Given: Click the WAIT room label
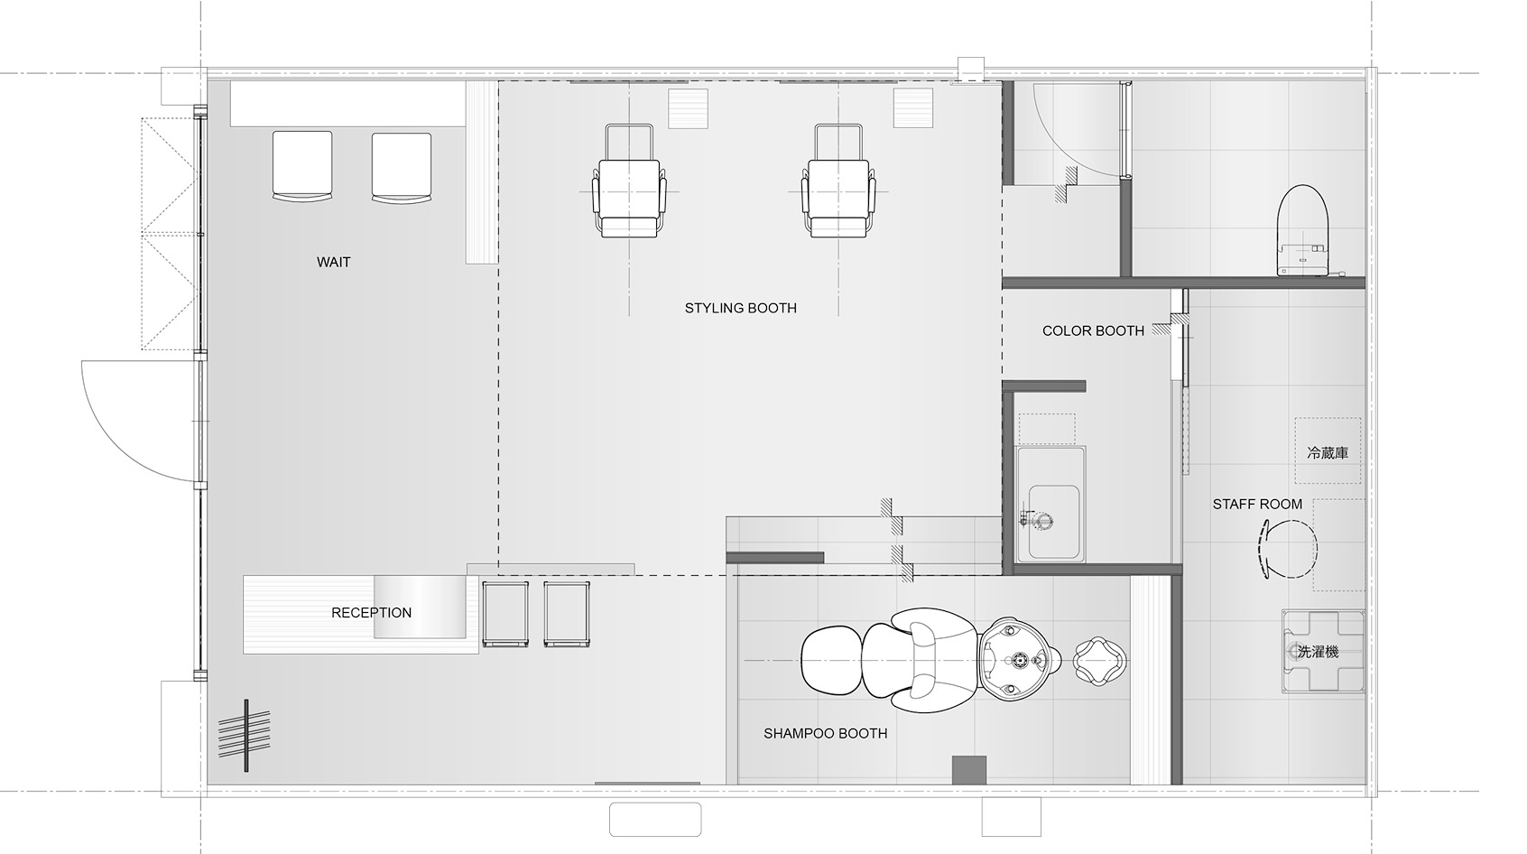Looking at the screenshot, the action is (333, 262).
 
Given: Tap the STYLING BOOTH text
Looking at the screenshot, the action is (740, 309).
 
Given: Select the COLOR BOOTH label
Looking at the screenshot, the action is (1093, 330).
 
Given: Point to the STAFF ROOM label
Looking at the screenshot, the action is (1257, 504).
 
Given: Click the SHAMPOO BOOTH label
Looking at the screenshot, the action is (825, 733).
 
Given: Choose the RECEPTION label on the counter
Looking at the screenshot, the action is (371, 613).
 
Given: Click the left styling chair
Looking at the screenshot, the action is (629, 181).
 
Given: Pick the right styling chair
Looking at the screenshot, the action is (838, 181).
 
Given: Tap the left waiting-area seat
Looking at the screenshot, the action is (302, 166).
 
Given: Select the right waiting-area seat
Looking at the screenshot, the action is (402, 167).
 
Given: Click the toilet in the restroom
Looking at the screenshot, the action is (1303, 230).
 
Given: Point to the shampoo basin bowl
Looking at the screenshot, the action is (1020, 659).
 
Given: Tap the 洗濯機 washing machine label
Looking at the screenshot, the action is (1319, 652).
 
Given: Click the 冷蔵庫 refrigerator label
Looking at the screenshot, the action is (1328, 453).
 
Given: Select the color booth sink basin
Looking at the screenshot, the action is (1053, 522).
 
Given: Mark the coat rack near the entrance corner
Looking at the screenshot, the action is (245, 736).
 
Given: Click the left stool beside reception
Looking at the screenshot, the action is (505, 614).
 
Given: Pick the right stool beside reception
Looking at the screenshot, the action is (567, 614).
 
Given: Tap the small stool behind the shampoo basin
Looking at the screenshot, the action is (1099, 660).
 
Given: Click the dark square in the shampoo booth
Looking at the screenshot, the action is (969, 769).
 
